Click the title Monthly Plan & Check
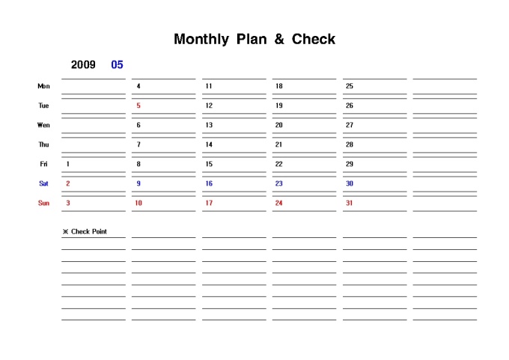254,39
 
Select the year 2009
83,64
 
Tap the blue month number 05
117,64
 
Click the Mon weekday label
43,86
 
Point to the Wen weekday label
43,125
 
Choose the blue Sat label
43,183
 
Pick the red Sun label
43,203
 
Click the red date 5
138,106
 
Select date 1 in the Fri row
68,164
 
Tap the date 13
209,125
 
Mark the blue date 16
209,183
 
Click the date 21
278,144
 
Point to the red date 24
278,203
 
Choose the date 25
349,86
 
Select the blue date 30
349,183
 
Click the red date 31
349,203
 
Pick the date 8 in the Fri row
138,164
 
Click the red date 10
138,203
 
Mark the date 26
349,106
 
